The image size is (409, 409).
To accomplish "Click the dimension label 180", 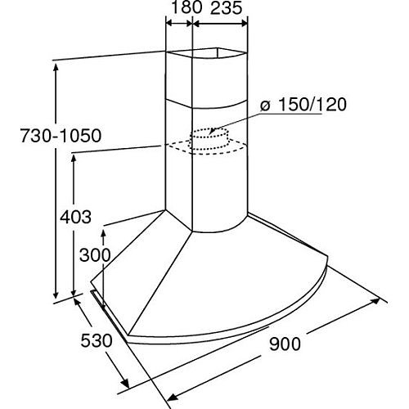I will (180, 10).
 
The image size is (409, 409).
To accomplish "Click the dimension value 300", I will (95, 254).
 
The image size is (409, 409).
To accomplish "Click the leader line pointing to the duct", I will (237, 119).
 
